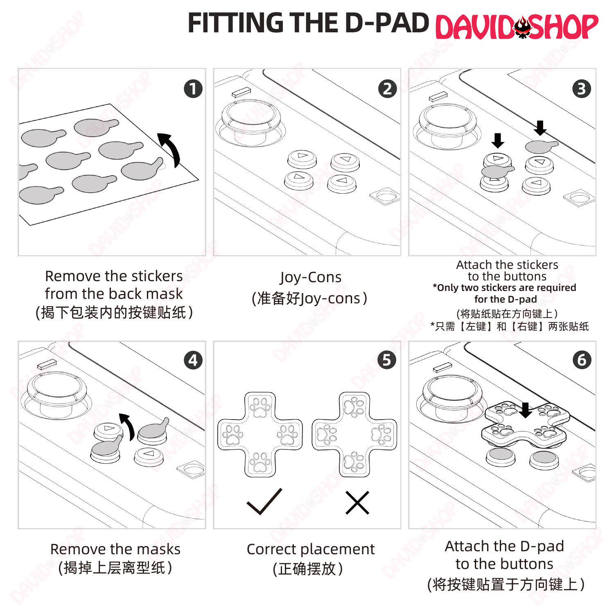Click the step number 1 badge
[x=193, y=89]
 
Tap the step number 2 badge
[x=387, y=89]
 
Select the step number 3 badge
[x=582, y=89]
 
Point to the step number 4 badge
[x=193, y=360]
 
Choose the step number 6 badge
[x=582, y=360]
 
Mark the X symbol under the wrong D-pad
[x=357, y=502]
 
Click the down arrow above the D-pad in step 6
[x=526, y=410]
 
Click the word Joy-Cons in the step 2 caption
[x=311, y=278]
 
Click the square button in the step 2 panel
[x=385, y=196]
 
